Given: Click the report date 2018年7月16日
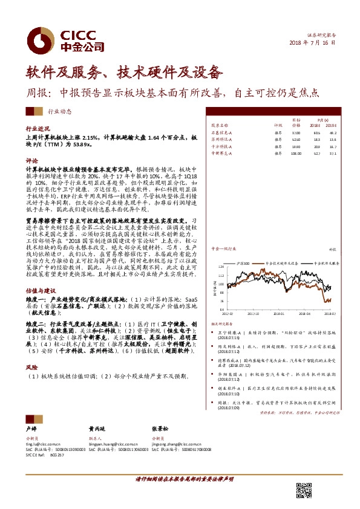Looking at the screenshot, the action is pyautogui.click(x=312, y=44).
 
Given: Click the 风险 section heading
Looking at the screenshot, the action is pyautogui.click(x=31, y=367).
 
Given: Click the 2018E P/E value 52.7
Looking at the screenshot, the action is pyautogui.click(x=316, y=154).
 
